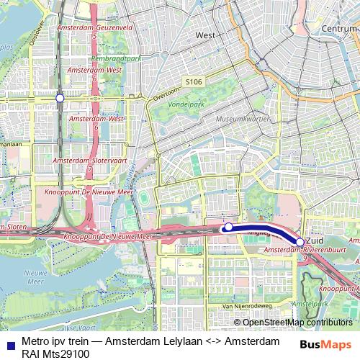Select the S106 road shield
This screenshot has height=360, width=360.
tap(193, 82)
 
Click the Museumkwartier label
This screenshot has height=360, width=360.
tap(243, 117)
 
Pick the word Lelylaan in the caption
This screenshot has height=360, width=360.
tap(186, 341)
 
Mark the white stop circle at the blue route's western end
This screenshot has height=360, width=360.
tap(228, 228)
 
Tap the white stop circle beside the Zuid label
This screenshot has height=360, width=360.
tap(300, 242)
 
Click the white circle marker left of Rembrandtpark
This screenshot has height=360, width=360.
tap(60, 97)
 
